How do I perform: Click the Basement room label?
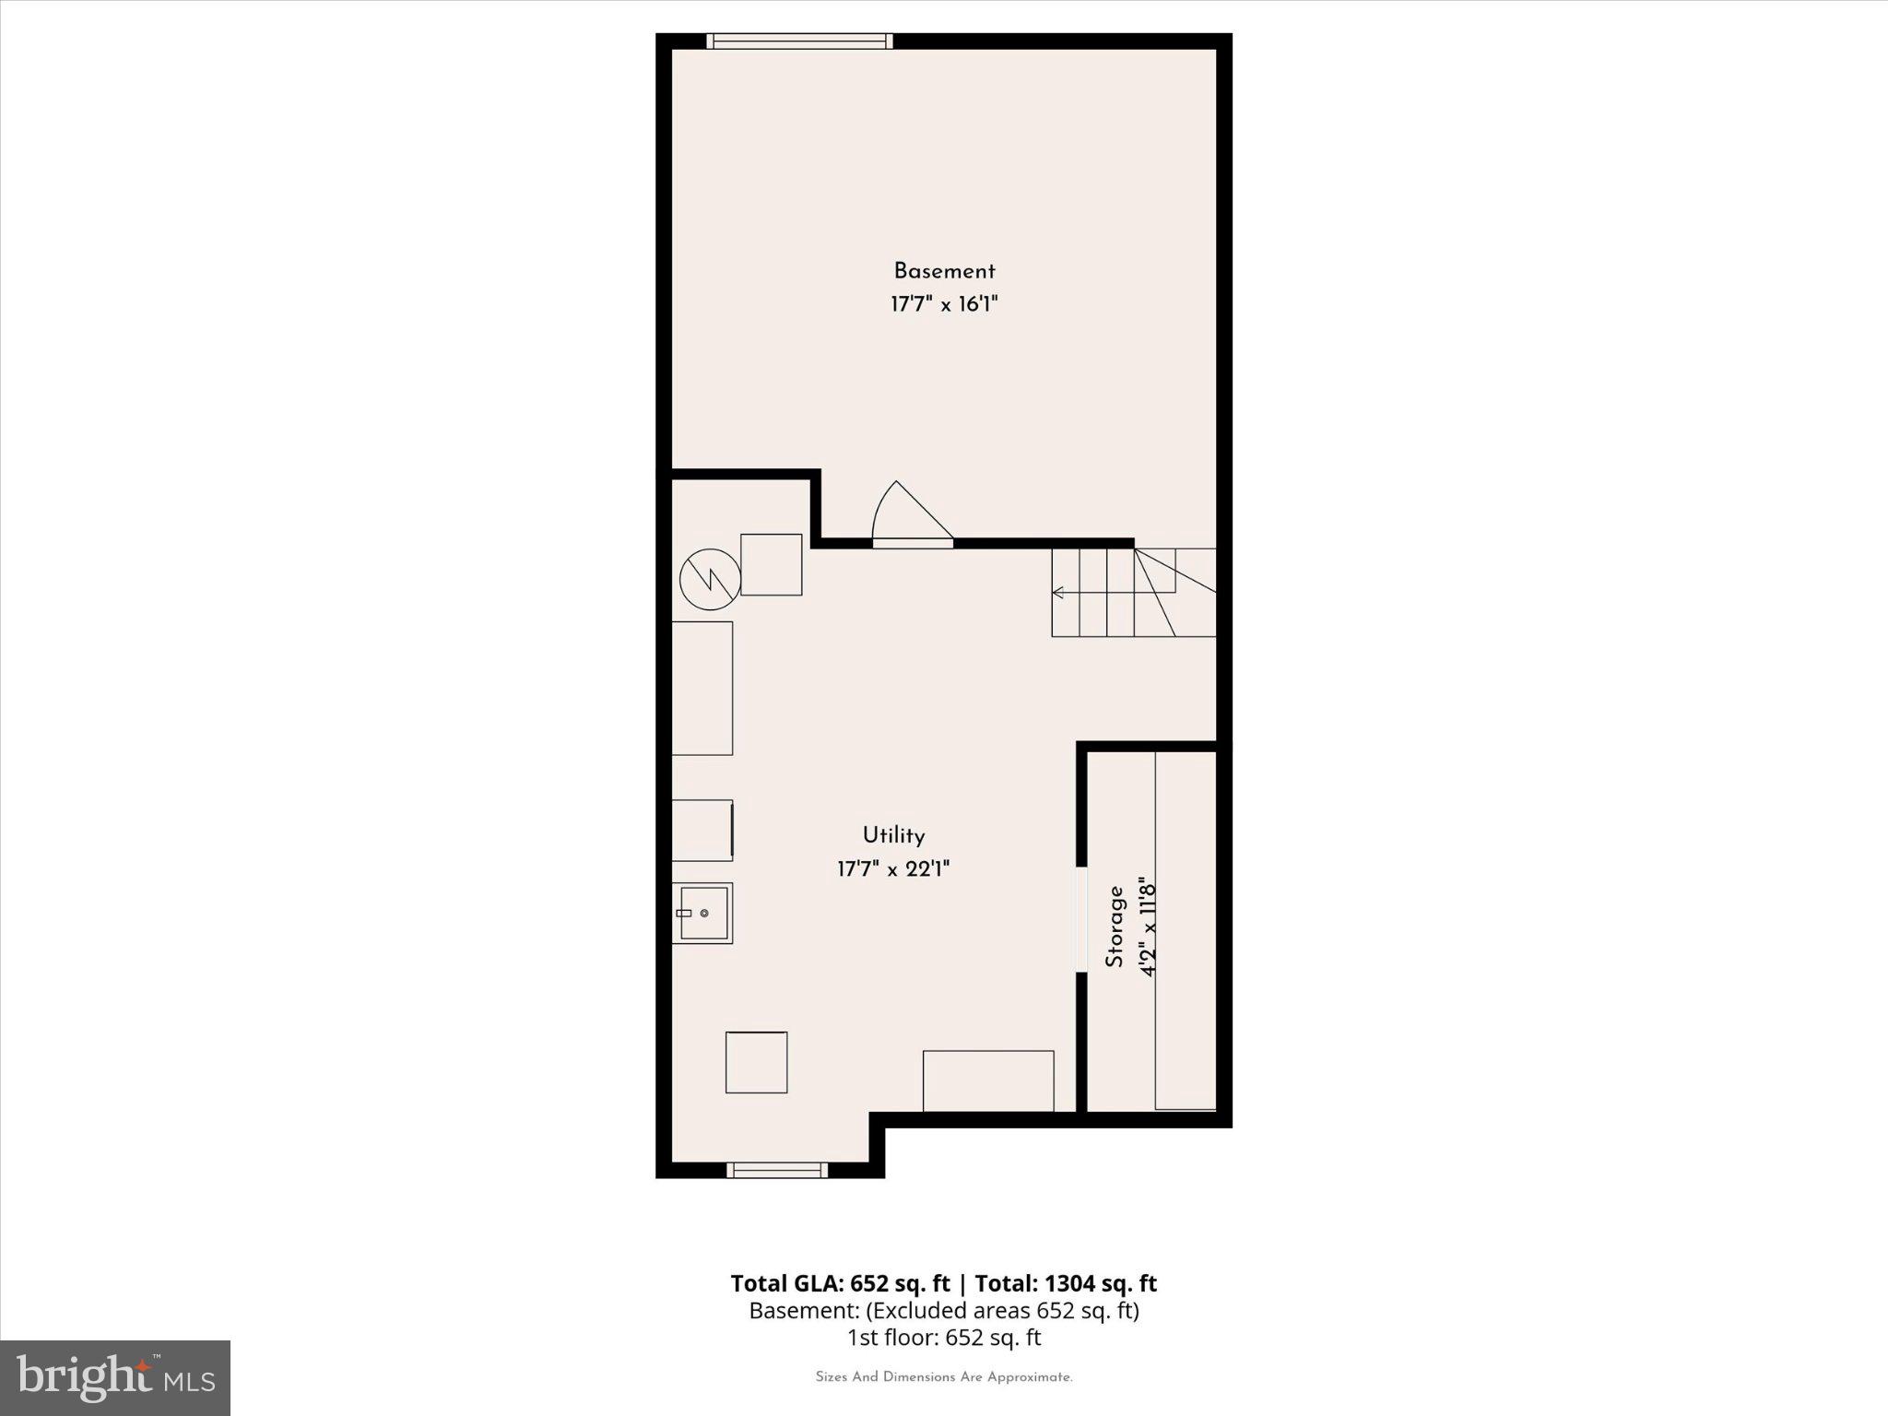944,271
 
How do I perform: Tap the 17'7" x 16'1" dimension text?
944,304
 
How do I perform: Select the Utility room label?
893,835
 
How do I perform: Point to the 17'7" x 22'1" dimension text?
893,868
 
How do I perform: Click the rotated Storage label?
1115,926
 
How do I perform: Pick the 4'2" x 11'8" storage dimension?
1148,926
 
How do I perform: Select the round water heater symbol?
710,579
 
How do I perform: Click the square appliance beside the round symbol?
772,564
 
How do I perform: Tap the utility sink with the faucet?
702,913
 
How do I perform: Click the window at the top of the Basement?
799,41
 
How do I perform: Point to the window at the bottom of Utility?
777,1170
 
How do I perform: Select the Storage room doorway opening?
1080,918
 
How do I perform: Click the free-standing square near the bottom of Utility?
757,1062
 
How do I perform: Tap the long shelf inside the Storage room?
1186,931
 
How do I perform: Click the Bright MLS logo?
115,1377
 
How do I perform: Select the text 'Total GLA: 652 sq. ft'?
840,1283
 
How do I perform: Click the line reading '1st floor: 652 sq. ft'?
944,1337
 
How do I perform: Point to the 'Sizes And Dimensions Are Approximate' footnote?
944,1377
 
